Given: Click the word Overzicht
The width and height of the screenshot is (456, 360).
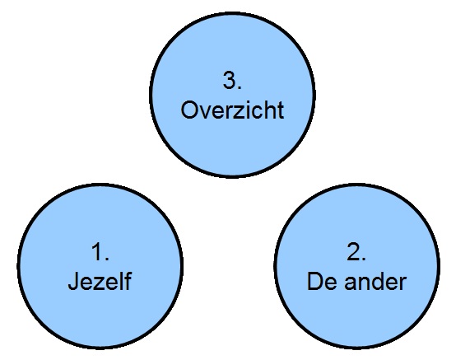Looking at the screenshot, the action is point(232,110).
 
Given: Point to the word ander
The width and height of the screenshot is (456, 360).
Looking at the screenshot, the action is point(375,281).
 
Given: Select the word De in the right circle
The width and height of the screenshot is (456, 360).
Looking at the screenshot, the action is point(322,281).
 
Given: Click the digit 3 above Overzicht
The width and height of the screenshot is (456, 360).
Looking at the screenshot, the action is point(229,80).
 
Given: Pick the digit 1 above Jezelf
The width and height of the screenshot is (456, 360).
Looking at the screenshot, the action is point(98,251).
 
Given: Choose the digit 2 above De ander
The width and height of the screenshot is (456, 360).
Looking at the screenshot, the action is point(353,251).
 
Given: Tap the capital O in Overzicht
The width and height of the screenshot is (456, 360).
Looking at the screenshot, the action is point(189,110).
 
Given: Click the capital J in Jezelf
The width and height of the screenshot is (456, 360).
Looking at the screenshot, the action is point(73,282).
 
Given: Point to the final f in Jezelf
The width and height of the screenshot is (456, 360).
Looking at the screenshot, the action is point(128,281).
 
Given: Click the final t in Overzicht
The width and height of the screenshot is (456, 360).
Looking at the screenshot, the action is point(281,110).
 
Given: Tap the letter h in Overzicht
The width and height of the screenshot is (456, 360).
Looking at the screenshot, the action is point(270,110).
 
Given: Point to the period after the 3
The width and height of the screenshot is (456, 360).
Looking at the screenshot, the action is point(240,87).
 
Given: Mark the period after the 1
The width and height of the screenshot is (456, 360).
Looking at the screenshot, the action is point(107,259).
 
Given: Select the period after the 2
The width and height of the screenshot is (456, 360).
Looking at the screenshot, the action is point(364,259).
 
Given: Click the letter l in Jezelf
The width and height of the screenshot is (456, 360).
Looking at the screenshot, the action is point(122,281).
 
